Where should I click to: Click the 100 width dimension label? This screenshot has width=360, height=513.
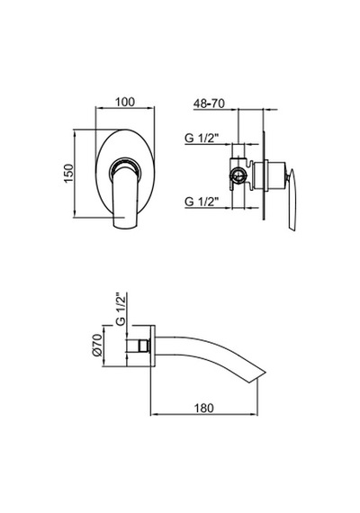pyautogui.click(x=125, y=102)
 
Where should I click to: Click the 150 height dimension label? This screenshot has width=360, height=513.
pyautogui.click(x=69, y=174)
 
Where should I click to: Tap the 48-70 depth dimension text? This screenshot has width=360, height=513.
pyautogui.click(x=209, y=103)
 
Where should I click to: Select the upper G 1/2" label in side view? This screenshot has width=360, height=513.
pyautogui.click(x=202, y=139)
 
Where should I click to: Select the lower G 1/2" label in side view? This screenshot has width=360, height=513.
pyautogui.click(x=202, y=202)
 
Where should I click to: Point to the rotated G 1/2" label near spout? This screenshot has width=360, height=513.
pyautogui.click(x=121, y=310)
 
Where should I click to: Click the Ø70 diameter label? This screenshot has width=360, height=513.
pyautogui.click(x=97, y=346)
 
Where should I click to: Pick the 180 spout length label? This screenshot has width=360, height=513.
pyautogui.click(x=204, y=408)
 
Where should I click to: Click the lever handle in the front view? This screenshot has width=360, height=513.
pyautogui.click(x=125, y=196)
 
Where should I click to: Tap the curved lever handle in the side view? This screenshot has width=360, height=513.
pyautogui.click(x=292, y=200)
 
